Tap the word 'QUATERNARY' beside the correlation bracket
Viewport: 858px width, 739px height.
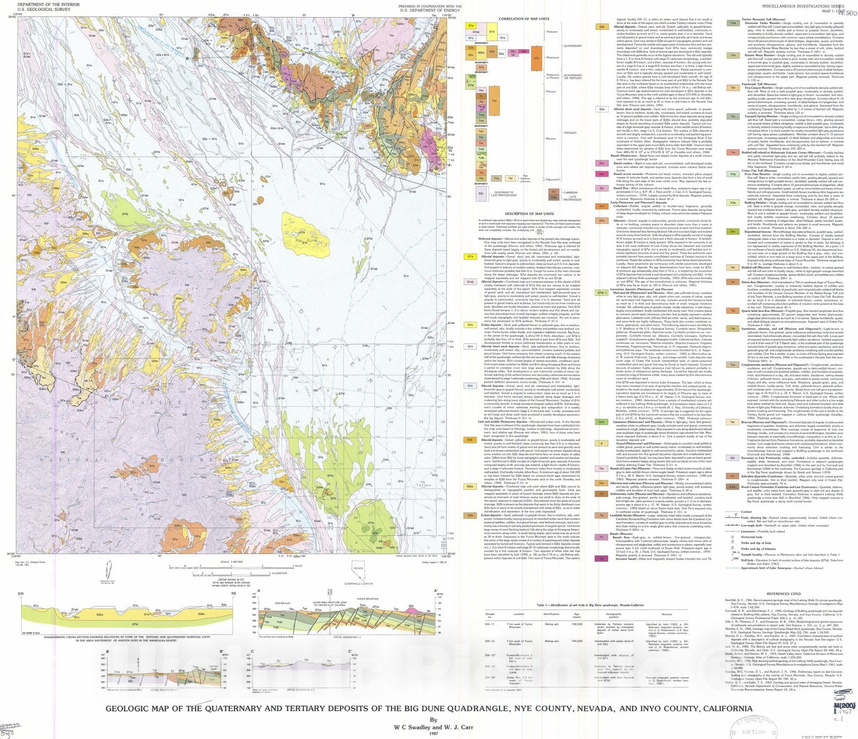tap(573, 46)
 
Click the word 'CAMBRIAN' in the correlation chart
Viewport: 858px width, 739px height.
tap(571, 193)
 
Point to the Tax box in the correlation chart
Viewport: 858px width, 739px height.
tap(494, 100)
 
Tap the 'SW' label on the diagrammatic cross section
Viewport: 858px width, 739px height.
tap(20, 594)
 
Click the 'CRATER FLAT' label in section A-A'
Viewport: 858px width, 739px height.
tap(283, 603)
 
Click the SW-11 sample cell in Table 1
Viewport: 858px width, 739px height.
tap(490, 624)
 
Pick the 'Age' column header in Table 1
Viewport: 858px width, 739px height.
tap(576, 614)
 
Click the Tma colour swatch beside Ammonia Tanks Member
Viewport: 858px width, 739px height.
tap(733, 23)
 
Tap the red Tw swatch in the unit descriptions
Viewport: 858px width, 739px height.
tap(733, 152)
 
